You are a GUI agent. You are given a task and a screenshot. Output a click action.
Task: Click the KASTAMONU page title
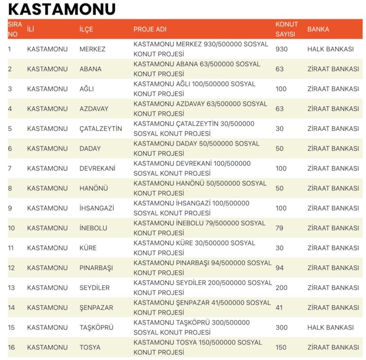click(62, 9)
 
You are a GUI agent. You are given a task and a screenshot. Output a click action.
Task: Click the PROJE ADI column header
click(150, 29)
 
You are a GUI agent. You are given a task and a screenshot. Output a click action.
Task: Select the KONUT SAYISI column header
click(286, 29)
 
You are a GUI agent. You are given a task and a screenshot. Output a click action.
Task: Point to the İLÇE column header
click(86, 29)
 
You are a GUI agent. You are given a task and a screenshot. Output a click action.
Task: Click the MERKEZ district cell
click(92, 49)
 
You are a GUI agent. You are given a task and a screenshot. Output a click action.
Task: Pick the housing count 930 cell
click(281, 49)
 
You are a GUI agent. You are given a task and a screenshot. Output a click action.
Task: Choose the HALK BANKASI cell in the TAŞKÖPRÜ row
click(330, 328)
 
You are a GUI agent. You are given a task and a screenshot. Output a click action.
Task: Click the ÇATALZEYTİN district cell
click(101, 129)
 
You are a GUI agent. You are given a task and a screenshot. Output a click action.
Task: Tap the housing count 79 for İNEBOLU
click(280, 228)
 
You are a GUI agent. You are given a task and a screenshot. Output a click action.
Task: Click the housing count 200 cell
click(281, 288)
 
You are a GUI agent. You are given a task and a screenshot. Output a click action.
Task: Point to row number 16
click(11, 347)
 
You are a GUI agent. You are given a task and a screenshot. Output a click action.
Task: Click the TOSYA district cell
click(90, 347)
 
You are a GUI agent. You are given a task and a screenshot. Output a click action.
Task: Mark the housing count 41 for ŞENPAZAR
click(279, 307)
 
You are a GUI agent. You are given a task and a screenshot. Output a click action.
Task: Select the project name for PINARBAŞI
click(202, 268)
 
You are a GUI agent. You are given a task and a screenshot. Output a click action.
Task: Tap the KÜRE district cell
click(88, 248)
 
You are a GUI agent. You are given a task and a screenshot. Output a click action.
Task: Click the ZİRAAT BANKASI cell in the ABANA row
click(333, 69)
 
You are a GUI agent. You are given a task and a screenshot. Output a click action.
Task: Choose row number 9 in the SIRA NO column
click(10, 208)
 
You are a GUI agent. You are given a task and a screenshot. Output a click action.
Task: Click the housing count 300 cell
click(281, 328)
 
